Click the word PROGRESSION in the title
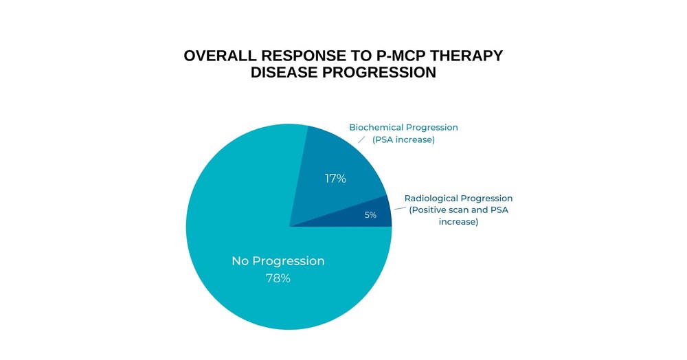[x=379, y=72]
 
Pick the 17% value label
[x=336, y=179]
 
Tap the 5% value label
[x=371, y=215]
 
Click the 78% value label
[x=278, y=278]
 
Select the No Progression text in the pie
[x=278, y=261]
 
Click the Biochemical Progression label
[x=403, y=128]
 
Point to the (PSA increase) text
[x=403, y=139]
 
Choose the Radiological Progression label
[x=458, y=199]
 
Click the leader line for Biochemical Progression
[x=361, y=139]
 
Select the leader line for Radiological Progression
[x=400, y=208]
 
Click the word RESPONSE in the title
[x=304, y=56]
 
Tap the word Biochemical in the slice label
[x=375, y=128]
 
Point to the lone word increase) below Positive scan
[x=458, y=222]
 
